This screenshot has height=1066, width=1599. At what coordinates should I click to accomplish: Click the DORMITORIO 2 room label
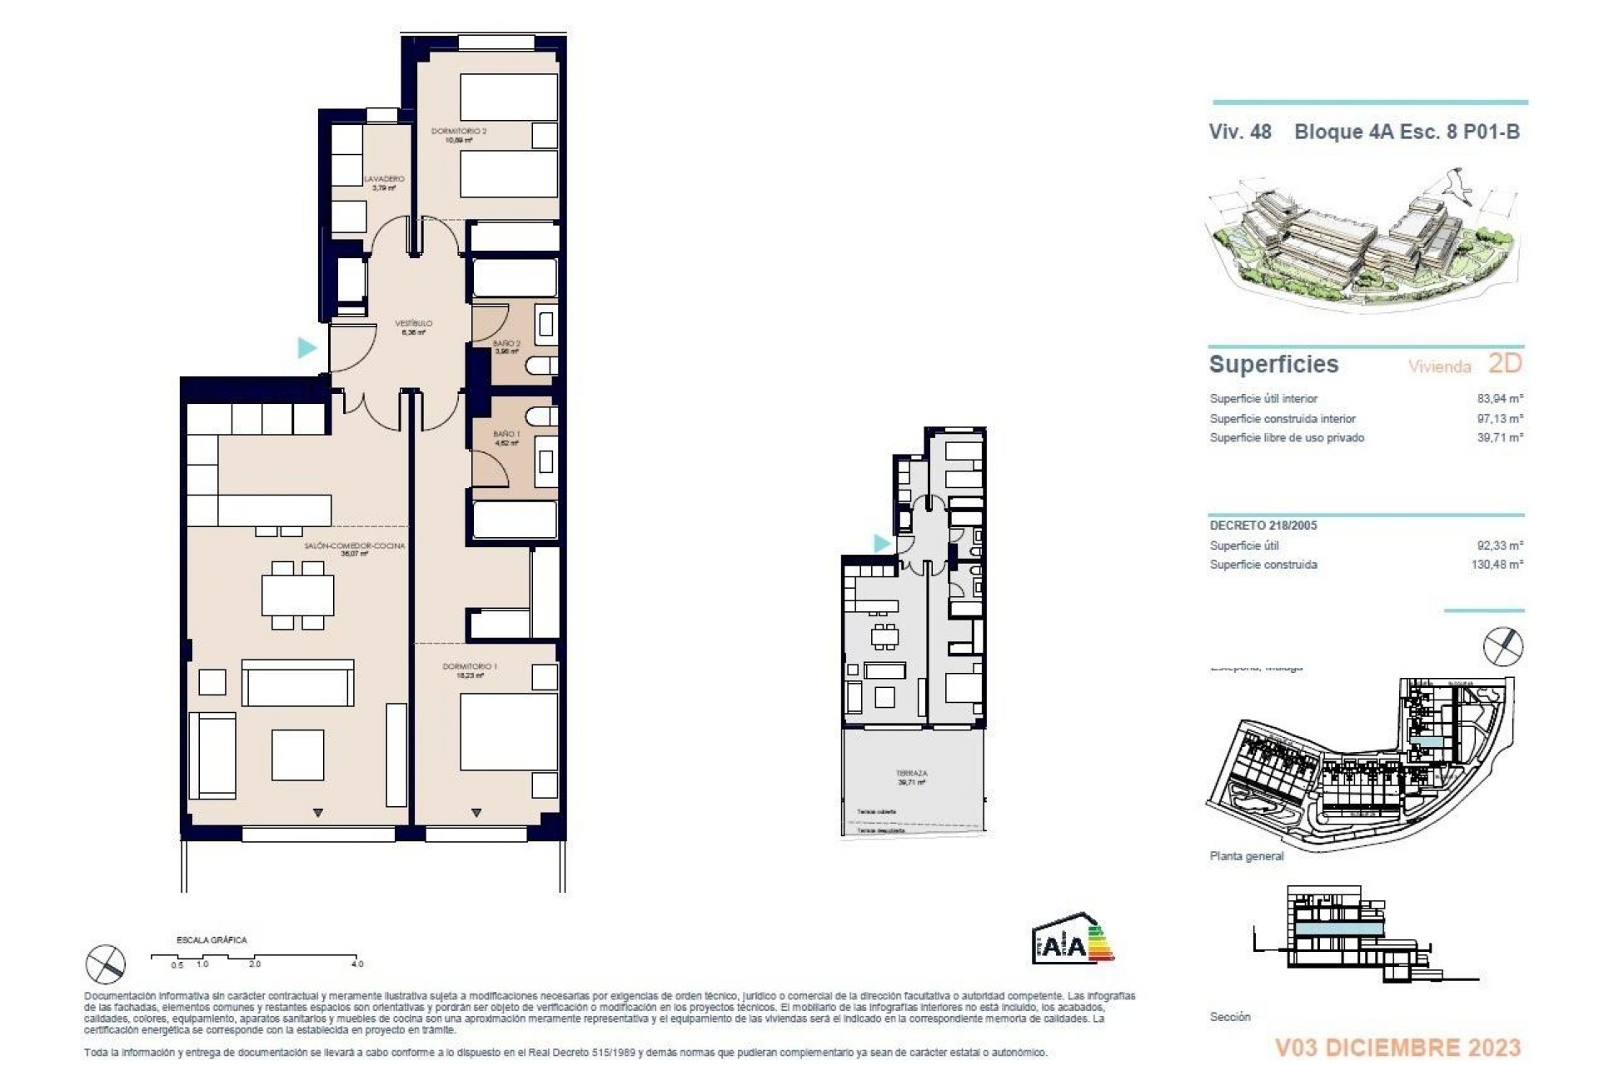coord(459,132)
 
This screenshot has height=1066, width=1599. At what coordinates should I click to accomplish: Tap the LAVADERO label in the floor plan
coord(384,179)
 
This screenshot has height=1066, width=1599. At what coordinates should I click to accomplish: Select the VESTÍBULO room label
coord(413,323)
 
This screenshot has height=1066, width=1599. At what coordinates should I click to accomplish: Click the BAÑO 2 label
coord(506,343)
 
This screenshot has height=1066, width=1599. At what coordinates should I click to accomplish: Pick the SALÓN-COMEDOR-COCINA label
coord(354,546)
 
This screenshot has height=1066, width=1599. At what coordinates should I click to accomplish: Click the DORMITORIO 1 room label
coord(470,666)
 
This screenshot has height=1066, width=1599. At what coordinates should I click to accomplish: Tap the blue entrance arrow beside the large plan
coord(307,347)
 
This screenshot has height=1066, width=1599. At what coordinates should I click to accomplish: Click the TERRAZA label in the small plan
coord(912,774)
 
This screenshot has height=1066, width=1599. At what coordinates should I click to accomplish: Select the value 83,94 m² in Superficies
coord(1500,399)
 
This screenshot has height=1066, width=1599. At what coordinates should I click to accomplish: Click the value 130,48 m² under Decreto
coord(1497,565)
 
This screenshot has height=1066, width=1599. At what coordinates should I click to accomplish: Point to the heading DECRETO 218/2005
coord(1263,526)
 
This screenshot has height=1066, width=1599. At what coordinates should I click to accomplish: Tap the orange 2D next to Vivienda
coord(1504,364)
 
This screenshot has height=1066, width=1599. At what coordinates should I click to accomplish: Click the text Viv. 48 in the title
coord(1240,132)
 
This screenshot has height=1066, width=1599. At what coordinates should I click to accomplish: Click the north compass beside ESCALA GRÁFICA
coord(106,964)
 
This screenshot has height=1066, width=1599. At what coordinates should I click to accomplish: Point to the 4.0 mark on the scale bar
coord(356,964)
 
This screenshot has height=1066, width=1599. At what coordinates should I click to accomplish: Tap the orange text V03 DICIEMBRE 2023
coord(1397,1047)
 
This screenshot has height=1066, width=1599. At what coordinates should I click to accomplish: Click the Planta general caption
coord(1247,856)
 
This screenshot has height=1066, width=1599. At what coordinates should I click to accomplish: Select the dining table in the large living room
coord(298,595)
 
